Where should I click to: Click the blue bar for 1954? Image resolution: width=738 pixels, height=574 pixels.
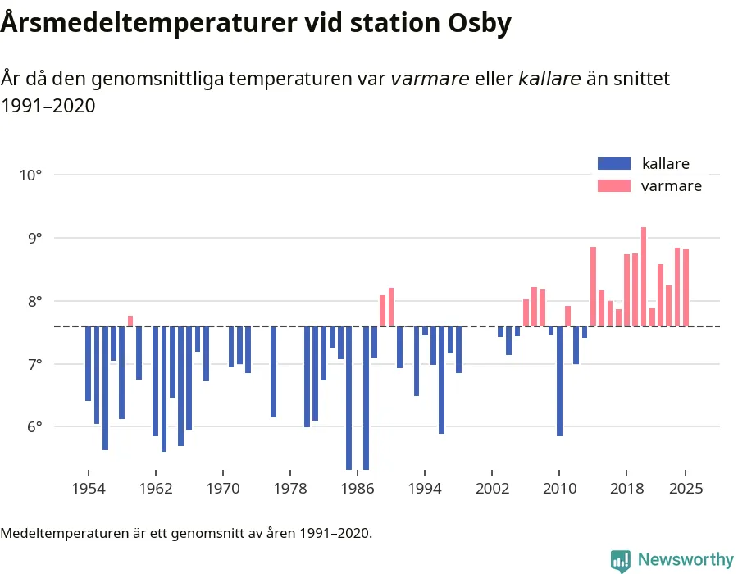pyautogui.click(x=88, y=363)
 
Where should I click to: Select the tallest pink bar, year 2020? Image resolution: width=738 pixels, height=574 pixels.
pyautogui.click(x=644, y=276)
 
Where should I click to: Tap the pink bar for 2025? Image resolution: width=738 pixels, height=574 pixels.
pyautogui.click(x=686, y=288)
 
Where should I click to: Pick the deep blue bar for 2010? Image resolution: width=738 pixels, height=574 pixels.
pyautogui.click(x=559, y=381)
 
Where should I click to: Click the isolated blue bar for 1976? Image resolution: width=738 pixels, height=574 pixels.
pyautogui.click(x=273, y=371)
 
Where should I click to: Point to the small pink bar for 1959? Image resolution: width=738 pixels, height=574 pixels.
pyautogui.click(x=130, y=321)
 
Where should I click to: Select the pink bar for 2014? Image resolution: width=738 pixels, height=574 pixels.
pyautogui.click(x=593, y=286)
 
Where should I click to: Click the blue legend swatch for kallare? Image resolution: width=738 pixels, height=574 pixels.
pyautogui.click(x=614, y=163)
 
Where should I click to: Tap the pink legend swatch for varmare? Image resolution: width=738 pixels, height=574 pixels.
pyautogui.click(x=614, y=185)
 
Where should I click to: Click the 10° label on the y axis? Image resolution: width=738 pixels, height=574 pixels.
pyautogui.click(x=30, y=175)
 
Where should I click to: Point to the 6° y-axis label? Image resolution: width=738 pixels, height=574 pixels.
pyautogui.click(x=32, y=426)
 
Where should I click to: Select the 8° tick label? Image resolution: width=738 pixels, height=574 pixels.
pyautogui.click(x=32, y=301)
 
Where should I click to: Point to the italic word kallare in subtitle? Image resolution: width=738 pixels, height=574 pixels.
pyautogui.click(x=549, y=79)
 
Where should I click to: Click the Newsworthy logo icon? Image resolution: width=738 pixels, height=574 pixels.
pyautogui.click(x=621, y=560)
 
